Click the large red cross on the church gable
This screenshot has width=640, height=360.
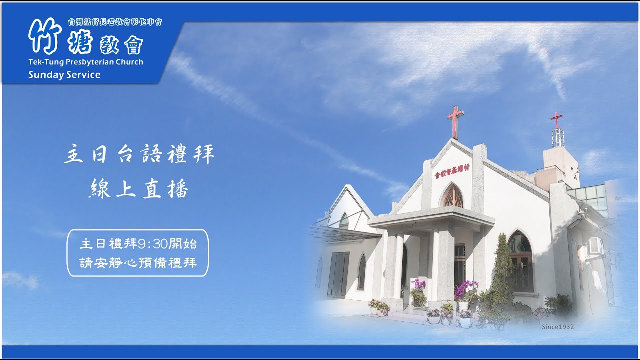455,121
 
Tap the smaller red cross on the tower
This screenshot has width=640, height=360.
556,120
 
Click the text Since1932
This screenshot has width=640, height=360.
557,327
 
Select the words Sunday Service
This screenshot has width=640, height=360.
64,75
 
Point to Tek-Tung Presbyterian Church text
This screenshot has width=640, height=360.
85,62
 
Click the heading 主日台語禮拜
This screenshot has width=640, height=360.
139,155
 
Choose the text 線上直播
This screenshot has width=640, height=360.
139,189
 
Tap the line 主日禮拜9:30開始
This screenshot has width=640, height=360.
138,244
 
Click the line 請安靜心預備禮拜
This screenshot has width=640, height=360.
138,262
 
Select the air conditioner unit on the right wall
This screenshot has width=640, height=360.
595,246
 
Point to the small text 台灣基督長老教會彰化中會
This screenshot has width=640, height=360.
115,22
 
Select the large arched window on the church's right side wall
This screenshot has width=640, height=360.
520,261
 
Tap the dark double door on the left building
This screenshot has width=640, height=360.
338,274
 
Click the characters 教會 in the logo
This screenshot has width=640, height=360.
124,46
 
